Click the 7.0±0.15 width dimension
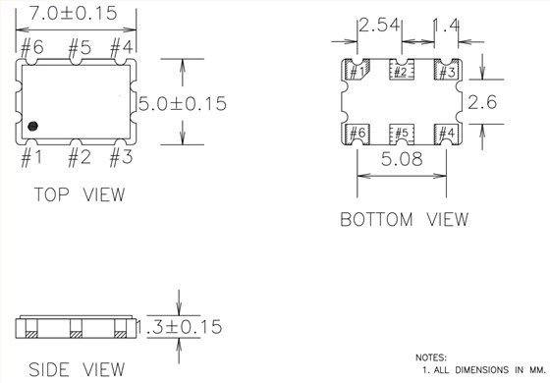click(76, 13)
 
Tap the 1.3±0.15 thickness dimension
click(179, 326)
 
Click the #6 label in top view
click(31, 47)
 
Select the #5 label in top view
click(79, 47)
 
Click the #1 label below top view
click(31, 157)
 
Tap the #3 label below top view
click(121, 157)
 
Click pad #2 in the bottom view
click(400, 71)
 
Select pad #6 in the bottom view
click(356, 133)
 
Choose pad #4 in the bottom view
click(445, 133)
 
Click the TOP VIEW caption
click(80, 194)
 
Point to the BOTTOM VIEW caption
click(404, 219)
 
